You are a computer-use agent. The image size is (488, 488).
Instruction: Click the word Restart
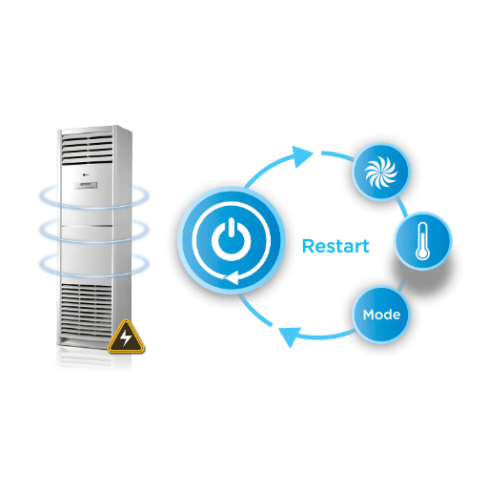point(335,246)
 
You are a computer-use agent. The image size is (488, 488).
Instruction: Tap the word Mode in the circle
point(381,315)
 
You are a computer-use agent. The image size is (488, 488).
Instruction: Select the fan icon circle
point(381,173)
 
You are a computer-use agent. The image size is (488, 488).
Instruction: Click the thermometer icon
point(422,241)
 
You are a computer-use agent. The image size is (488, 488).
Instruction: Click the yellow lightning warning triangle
point(126,336)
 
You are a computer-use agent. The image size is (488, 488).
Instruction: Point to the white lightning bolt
point(126,336)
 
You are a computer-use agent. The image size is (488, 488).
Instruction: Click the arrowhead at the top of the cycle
point(302,156)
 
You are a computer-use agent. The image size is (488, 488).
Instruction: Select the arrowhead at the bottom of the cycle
point(290,336)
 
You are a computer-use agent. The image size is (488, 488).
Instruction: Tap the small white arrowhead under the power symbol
point(232,278)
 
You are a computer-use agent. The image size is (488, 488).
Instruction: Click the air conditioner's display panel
point(86,185)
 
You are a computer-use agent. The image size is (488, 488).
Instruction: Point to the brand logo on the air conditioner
point(86,174)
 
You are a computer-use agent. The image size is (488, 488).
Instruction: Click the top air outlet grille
point(88,149)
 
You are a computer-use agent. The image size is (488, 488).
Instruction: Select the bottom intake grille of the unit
point(87,310)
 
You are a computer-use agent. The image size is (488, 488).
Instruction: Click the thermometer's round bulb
point(422,254)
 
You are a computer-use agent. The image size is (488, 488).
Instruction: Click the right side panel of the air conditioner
point(123,235)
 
